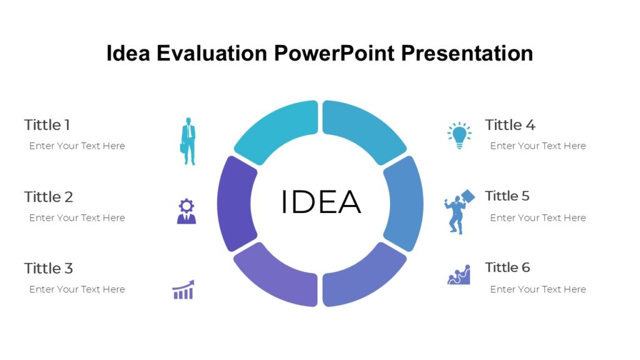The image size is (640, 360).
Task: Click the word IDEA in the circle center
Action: click(320, 202)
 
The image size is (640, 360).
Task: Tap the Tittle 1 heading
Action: click(47, 125)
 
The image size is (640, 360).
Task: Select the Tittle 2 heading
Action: click(49, 197)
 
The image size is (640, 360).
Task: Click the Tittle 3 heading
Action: click(49, 269)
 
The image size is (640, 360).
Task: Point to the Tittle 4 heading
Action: click(510, 125)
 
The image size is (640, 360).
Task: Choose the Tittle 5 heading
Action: click(507, 196)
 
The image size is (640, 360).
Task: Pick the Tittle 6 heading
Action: click(507, 267)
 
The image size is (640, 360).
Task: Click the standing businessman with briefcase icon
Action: click(188, 141)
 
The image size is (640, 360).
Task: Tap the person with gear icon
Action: click(186, 211)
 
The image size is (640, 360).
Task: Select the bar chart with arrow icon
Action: click(183, 290)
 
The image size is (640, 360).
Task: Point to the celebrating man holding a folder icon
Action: click(458, 212)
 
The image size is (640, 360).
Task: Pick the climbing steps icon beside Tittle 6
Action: click(459, 275)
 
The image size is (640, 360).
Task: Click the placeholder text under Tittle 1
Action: click(77, 146)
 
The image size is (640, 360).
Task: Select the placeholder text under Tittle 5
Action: click(537, 218)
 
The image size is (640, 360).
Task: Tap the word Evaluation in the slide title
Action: click(212, 54)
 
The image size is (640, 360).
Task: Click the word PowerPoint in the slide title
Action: click(334, 54)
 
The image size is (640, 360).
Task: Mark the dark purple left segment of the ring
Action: click(236, 203)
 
